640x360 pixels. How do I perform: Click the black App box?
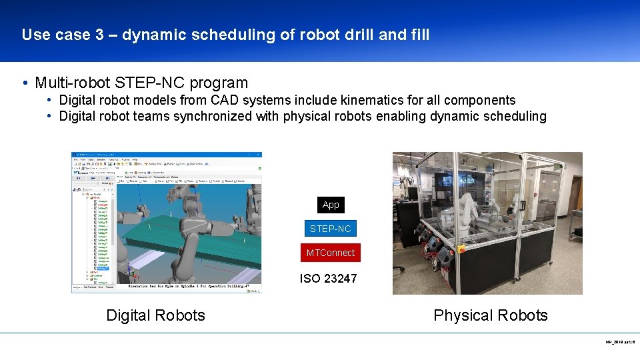tap(331, 205)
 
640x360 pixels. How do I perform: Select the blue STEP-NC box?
tap(330, 229)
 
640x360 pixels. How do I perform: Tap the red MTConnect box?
tap(330, 253)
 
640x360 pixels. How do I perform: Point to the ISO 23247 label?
tap(328, 279)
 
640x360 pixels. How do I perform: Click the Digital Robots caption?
tap(155, 315)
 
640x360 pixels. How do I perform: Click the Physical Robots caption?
tap(490, 315)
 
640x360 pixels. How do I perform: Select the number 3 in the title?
tap(99, 35)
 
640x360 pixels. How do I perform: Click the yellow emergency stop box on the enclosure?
tap(461, 249)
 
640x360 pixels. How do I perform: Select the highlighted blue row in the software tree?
tap(102, 269)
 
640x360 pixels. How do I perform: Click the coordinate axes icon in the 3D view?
tap(135, 273)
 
